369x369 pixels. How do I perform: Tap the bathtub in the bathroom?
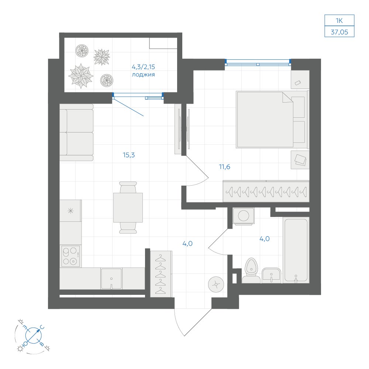click(x=296, y=250)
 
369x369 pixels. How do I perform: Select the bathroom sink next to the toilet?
click(x=271, y=275)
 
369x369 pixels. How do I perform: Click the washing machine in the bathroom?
click(x=244, y=216)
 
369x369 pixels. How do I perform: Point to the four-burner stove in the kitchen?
click(x=70, y=256)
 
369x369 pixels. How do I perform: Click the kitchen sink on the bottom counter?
click(x=111, y=279)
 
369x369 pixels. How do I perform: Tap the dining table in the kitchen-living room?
click(x=128, y=207)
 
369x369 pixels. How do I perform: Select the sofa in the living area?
click(x=76, y=132)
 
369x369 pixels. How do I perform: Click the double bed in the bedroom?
click(x=272, y=120)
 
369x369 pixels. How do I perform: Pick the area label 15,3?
click(x=129, y=155)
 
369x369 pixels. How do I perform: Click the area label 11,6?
click(x=224, y=167)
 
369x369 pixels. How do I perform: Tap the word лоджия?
click(x=143, y=75)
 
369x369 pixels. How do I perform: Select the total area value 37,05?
click(x=339, y=32)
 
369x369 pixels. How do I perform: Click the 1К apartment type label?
click(x=339, y=20)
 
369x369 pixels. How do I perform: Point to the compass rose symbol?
click(x=34, y=335)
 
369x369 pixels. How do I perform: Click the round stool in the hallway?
click(x=216, y=284)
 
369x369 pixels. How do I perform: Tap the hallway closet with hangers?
click(x=161, y=274)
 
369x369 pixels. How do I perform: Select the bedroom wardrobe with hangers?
click(x=266, y=191)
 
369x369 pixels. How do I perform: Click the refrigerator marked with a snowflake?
click(x=70, y=211)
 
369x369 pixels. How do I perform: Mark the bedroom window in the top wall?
click(x=258, y=62)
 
